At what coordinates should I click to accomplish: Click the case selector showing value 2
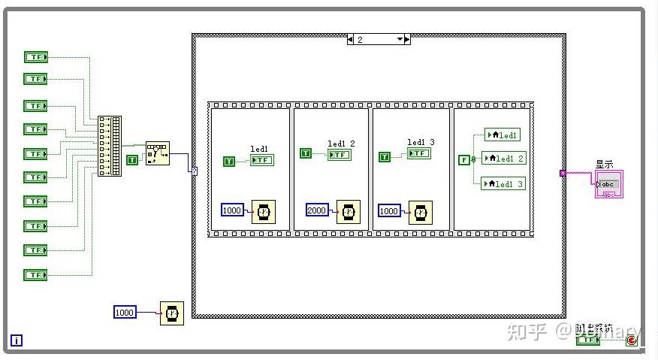point(379,39)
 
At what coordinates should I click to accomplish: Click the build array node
point(109,147)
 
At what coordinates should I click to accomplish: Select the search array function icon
point(157,153)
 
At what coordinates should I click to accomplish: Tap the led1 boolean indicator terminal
point(262,160)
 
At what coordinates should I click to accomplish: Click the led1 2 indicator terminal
point(339,154)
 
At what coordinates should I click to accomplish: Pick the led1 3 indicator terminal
point(418,153)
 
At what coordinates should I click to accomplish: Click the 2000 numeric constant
point(317,210)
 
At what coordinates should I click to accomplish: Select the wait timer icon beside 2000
point(347,213)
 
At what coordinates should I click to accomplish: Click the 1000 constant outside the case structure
point(125,312)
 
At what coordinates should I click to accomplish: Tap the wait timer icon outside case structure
point(171,313)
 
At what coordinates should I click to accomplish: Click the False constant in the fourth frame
point(463,159)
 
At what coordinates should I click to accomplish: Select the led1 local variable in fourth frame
point(503,135)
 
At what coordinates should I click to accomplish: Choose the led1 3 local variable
point(503,183)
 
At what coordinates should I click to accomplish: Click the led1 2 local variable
point(503,159)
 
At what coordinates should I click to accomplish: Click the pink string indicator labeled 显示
point(608,184)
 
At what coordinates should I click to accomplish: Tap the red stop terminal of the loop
point(632,340)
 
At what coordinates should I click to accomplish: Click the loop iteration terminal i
point(17,340)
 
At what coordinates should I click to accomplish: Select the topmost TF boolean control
point(35,57)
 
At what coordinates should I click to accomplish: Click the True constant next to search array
point(132,159)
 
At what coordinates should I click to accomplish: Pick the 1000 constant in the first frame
point(232,210)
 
